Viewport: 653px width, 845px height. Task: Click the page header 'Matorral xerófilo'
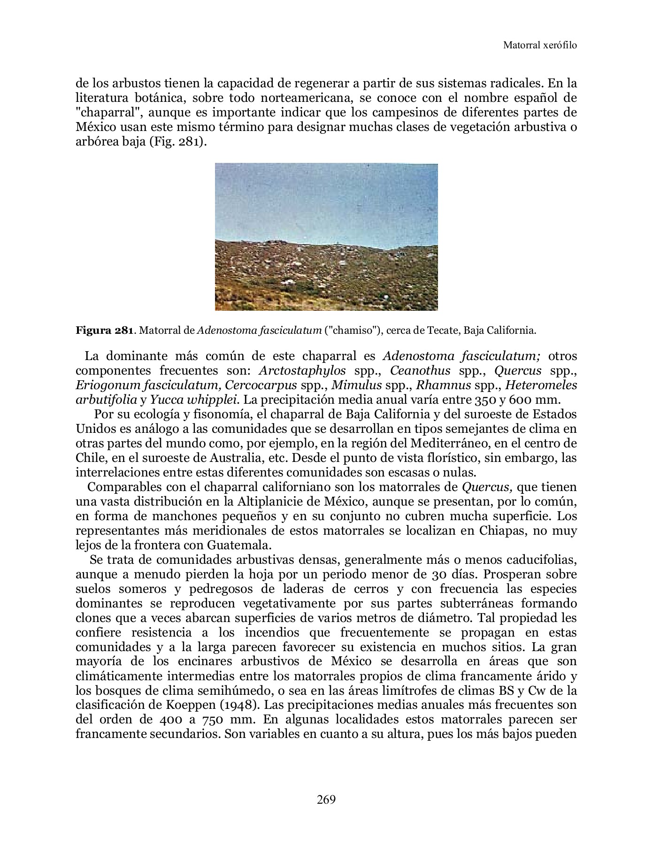[539, 46]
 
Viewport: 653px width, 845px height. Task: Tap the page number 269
[326, 799]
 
